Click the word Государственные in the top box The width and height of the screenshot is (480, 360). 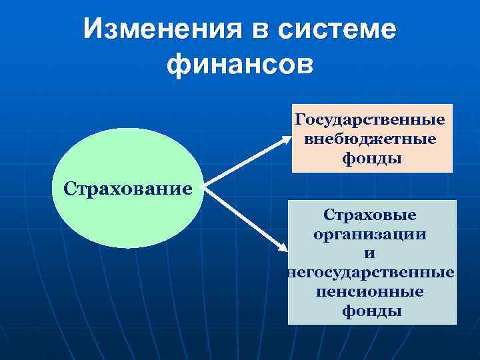tap(371, 120)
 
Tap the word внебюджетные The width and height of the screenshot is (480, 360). tap(371, 139)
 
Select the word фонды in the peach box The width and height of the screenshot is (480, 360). tap(371, 159)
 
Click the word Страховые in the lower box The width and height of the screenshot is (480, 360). tap(370, 215)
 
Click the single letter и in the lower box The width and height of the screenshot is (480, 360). tap(370, 253)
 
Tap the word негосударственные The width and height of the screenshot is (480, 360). tap(371, 273)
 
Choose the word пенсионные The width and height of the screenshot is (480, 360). tap(370, 292)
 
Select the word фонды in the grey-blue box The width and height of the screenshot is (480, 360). tap(371, 311)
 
